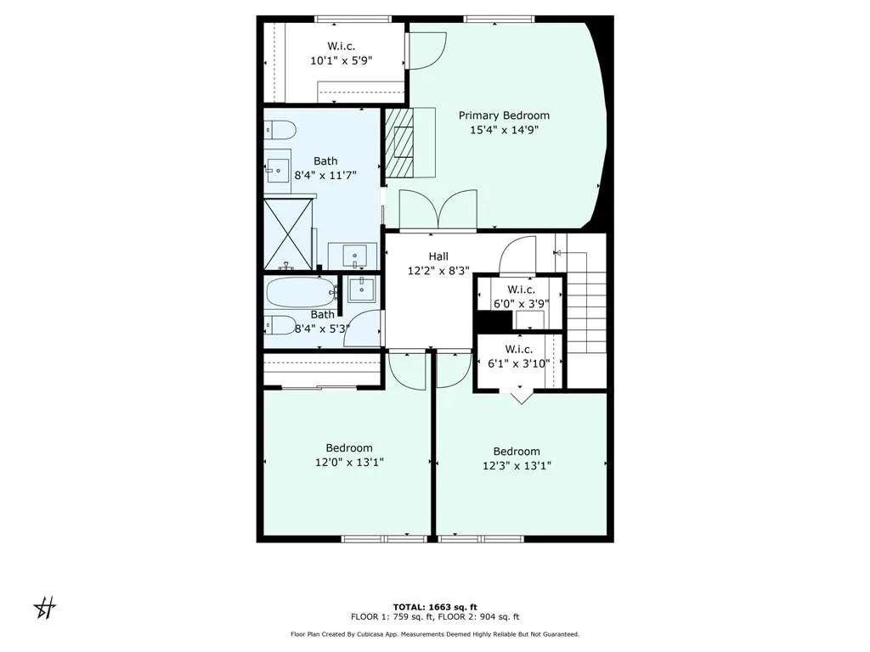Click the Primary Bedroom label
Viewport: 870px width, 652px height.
[504, 115]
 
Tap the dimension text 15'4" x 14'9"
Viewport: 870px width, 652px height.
[504, 130]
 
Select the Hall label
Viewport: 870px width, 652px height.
[438, 256]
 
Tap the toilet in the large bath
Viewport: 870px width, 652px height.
[280, 130]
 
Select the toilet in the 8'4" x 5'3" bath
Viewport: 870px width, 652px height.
[280, 324]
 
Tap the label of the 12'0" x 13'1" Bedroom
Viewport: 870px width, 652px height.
[349, 448]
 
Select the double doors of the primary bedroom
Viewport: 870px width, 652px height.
[438, 210]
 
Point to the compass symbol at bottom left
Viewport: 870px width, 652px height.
[45, 607]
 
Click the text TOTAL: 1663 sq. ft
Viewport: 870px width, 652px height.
[434, 606]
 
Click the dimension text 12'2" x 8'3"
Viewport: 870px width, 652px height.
[438, 271]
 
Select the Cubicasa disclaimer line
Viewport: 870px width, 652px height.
[434, 634]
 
